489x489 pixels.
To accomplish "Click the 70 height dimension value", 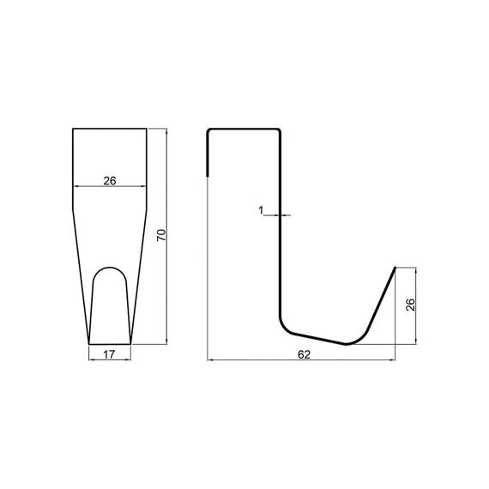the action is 161,235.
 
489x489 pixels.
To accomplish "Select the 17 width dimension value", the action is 109,354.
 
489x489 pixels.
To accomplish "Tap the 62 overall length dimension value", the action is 304,354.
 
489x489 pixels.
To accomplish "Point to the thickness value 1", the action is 261,210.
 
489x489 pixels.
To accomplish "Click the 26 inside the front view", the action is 110,181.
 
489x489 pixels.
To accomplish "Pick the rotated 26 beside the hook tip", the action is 411,305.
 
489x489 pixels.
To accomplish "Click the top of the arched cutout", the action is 110,268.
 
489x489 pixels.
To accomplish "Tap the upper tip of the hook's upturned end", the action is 395,268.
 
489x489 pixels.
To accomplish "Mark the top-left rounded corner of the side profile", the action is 208,130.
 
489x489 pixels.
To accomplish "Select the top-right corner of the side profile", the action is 280,130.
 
